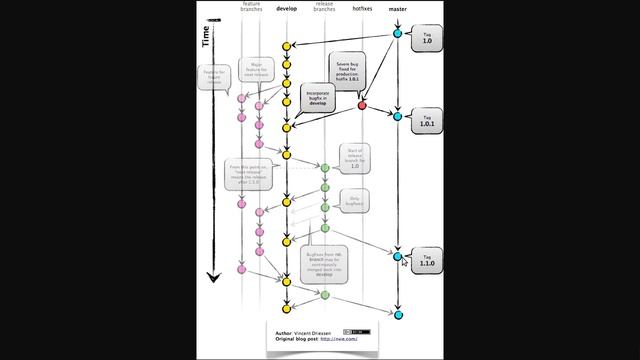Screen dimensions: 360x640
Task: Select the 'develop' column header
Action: [x=286, y=8]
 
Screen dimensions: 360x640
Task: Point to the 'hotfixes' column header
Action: [x=362, y=8]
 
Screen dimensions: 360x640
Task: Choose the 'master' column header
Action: [x=397, y=8]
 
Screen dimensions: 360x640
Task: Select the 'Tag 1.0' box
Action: [x=426, y=39]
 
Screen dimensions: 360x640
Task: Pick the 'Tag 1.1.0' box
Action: [x=427, y=261]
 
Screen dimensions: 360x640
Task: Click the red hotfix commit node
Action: [x=362, y=104]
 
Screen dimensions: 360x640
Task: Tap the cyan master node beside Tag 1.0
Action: [x=397, y=34]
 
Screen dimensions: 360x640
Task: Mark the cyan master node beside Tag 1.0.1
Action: [x=397, y=117]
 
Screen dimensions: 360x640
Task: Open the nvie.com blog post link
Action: [x=339, y=339]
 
